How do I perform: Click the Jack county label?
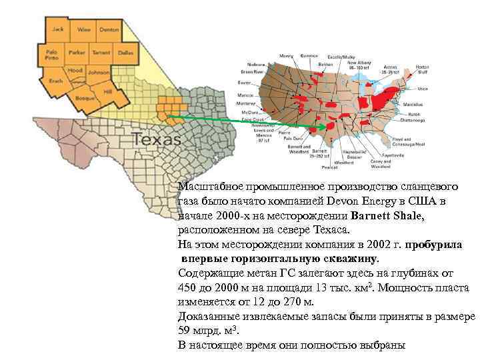click(58, 29)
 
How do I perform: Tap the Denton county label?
click(109, 30)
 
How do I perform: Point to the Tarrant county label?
click(103, 52)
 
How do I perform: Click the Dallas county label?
click(125, 52)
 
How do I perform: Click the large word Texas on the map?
click(157, 140)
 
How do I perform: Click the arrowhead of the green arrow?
click(323, 126)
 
